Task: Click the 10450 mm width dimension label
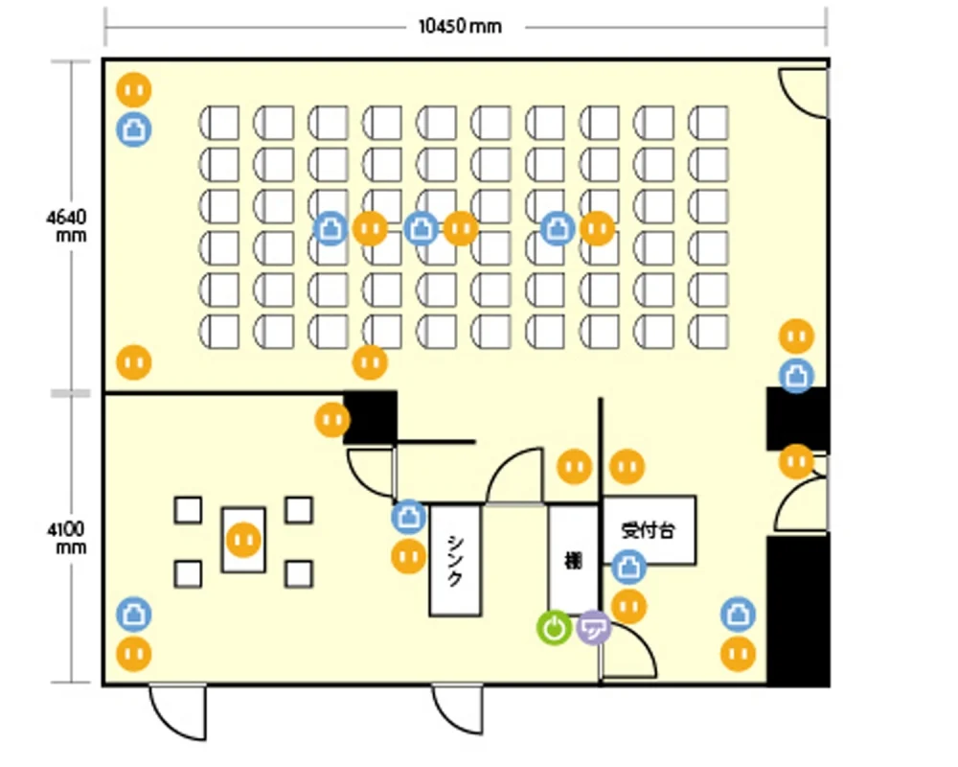460,26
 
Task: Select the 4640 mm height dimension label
67,225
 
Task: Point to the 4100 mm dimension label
67,538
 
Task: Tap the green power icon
554,628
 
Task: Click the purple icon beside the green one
594,628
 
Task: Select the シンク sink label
455,560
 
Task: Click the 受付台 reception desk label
649,529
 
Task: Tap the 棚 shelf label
573,560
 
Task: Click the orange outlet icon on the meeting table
243,540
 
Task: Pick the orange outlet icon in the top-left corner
134,90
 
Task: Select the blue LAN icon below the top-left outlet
134,129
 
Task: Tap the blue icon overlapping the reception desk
628,567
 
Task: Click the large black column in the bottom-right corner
798,611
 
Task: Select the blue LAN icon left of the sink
409,517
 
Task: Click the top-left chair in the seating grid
218,123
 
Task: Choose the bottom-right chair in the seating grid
708,332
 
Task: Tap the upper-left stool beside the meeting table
188,510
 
